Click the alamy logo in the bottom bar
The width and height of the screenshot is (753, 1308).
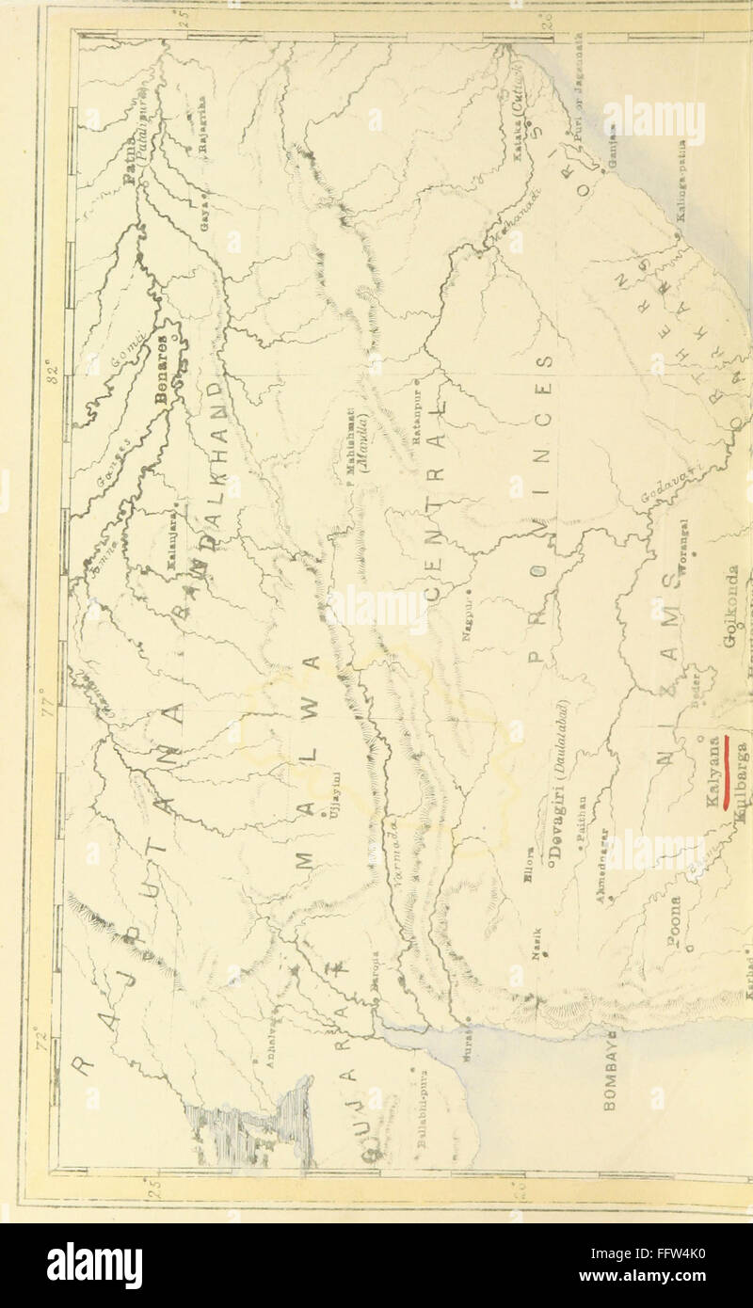point(94,1266)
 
